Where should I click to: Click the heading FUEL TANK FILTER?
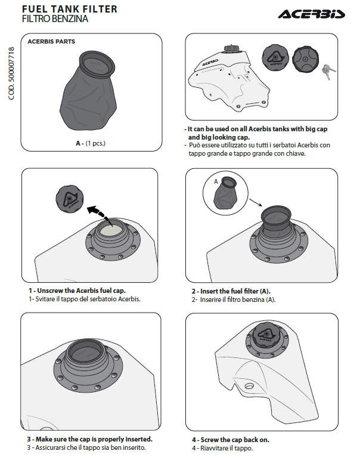click(x=69, y=9)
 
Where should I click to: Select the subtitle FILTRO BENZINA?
click(x=55, y=19)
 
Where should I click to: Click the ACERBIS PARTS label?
click(x=51, y=42)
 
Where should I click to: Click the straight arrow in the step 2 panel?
click(x=255, y=203)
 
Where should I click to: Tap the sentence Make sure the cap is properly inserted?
click(x=92, y=439)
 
